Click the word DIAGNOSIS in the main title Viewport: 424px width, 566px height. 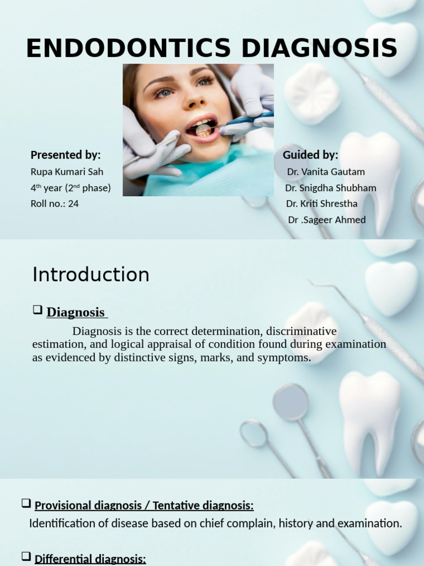(319, 49)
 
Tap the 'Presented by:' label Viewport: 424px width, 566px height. (66, 155)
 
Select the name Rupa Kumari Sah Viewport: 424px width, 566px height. (67, 172)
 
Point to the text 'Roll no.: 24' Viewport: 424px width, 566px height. (55, 203)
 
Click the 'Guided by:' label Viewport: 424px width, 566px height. (310, 155)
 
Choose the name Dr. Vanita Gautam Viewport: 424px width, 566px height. (326, 172)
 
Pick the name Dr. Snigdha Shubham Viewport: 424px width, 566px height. (331, 188)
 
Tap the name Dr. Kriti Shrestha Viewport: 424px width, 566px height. (322, 203)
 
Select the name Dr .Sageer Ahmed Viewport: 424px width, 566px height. (327, 219)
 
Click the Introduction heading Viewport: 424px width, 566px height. (91, 275)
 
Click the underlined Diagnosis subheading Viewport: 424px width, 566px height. (76, 312)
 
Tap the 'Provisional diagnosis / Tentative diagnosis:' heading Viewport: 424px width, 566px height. (144, 505)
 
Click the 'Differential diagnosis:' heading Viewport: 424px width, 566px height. (90, 559)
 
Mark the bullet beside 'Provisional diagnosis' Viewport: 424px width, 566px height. (26, 503)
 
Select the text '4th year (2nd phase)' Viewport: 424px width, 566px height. (71, 188)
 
